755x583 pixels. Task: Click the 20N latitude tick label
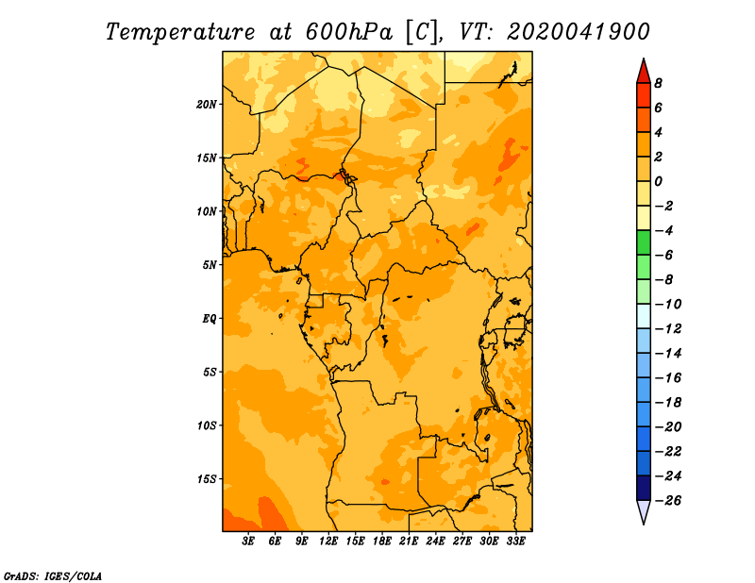(x=207, y=105)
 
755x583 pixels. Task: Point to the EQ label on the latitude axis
(x=209, y=319)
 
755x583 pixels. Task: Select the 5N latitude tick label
(x=210, y=265)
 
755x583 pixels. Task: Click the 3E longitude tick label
(x=248, y=541)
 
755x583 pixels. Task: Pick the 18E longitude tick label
(x=382, y=541)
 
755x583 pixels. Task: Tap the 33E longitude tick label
(x=515, y=541)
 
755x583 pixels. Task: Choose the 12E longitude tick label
(x=328, y=541)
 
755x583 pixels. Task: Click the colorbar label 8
(x=658, y=83)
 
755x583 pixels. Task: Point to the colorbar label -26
(x=668, y=501)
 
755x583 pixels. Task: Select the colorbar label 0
(x=658, y=181)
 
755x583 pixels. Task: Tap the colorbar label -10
(x=668, y=305)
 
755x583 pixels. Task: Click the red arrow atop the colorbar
(x=644, y=73)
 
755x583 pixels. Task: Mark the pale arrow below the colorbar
(x=644, y=511)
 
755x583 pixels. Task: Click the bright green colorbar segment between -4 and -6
(x=644, y=242)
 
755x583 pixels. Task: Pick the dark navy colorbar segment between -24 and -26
(x=644, y=488)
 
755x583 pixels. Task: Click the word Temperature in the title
(x=180, y=32)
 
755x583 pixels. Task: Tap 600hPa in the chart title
(x=349, y=32)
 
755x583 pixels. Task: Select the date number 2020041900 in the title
(x=579, y=32)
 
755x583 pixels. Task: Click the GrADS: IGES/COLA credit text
(x=53, y=576)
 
